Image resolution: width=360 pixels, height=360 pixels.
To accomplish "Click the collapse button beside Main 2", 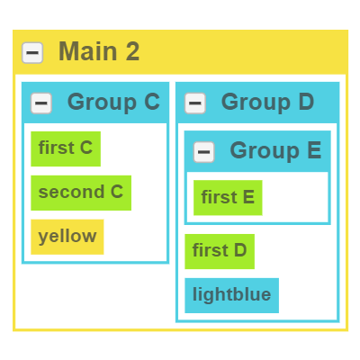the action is point(32,53).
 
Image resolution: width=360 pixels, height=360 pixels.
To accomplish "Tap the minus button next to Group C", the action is point(41,103).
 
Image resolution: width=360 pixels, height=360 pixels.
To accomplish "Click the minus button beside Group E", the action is point(204,152).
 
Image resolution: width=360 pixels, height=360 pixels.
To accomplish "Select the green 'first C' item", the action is point(66,148).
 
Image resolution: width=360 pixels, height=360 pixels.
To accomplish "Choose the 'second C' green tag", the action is point(81,193).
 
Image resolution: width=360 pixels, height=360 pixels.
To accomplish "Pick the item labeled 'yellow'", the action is point(67,237).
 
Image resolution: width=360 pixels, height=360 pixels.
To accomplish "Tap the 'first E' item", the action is point(228,198).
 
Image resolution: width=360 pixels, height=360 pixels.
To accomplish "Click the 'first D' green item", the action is point(220,251).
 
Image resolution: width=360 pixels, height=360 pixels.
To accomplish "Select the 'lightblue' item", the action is point(232,295).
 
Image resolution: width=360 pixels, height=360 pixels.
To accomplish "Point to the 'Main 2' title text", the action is point(99,51).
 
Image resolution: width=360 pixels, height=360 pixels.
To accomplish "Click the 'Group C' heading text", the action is point(113,102).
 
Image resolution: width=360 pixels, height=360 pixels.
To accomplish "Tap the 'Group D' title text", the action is point(267,102).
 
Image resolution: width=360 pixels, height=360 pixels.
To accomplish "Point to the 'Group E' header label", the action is point(275,150).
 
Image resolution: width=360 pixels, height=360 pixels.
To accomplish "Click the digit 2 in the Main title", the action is point(132,51).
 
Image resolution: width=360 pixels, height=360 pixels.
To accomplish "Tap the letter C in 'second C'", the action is point(117,192).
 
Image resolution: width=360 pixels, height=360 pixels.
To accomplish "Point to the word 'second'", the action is point(71,192).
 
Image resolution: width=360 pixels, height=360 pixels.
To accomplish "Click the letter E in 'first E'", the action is point(248,197).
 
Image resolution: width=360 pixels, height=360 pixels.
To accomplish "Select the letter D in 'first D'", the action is point(240,250).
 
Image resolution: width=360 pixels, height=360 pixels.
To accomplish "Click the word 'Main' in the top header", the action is point(88,51).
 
